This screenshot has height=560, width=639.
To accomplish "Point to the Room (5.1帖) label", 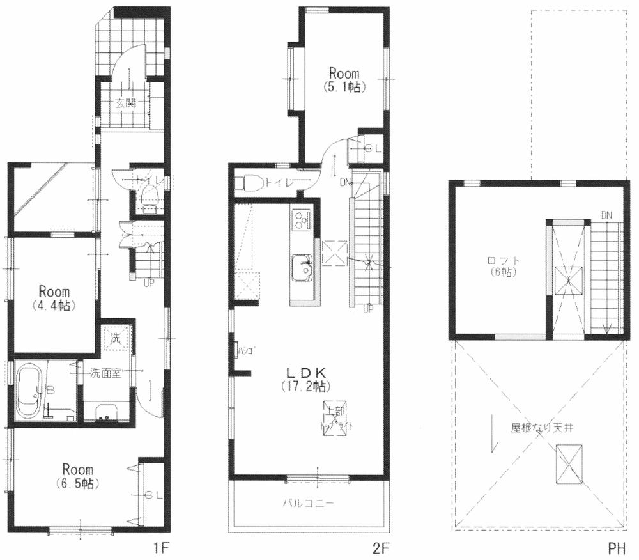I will point(344,81).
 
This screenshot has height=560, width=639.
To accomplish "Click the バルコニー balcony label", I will point(308,503).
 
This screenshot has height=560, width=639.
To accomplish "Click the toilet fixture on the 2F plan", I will point(249,183).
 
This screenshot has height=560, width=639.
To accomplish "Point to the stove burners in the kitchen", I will point(300,220).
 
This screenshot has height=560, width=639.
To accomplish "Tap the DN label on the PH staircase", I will point(606,215).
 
